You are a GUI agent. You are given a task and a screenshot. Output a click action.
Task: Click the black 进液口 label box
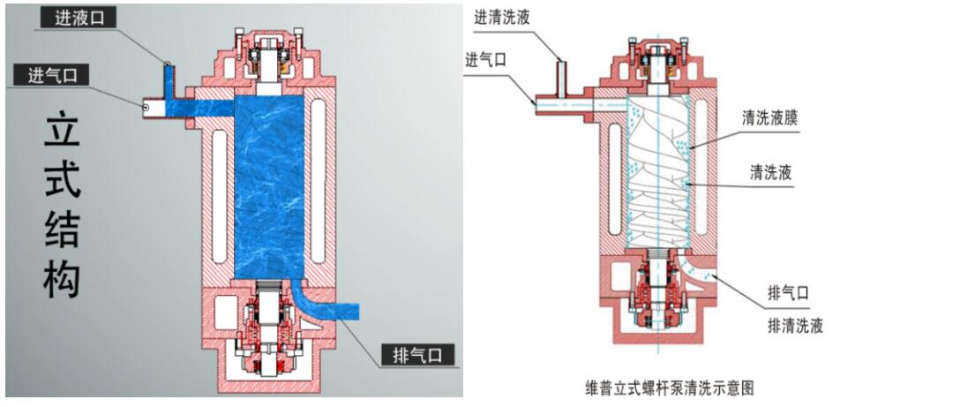click(x=78, y=17)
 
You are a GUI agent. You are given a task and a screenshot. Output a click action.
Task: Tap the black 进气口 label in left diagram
click(x=51, y=75)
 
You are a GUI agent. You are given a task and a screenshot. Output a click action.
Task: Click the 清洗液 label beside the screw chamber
click(x=770, y=172)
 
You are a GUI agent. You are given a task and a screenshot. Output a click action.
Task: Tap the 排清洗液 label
click(x=795, y=326)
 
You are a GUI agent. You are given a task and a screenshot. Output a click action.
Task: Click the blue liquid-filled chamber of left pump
click(x=270, y=185)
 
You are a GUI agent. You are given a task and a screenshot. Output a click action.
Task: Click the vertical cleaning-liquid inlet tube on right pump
click(x=560, y=72)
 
